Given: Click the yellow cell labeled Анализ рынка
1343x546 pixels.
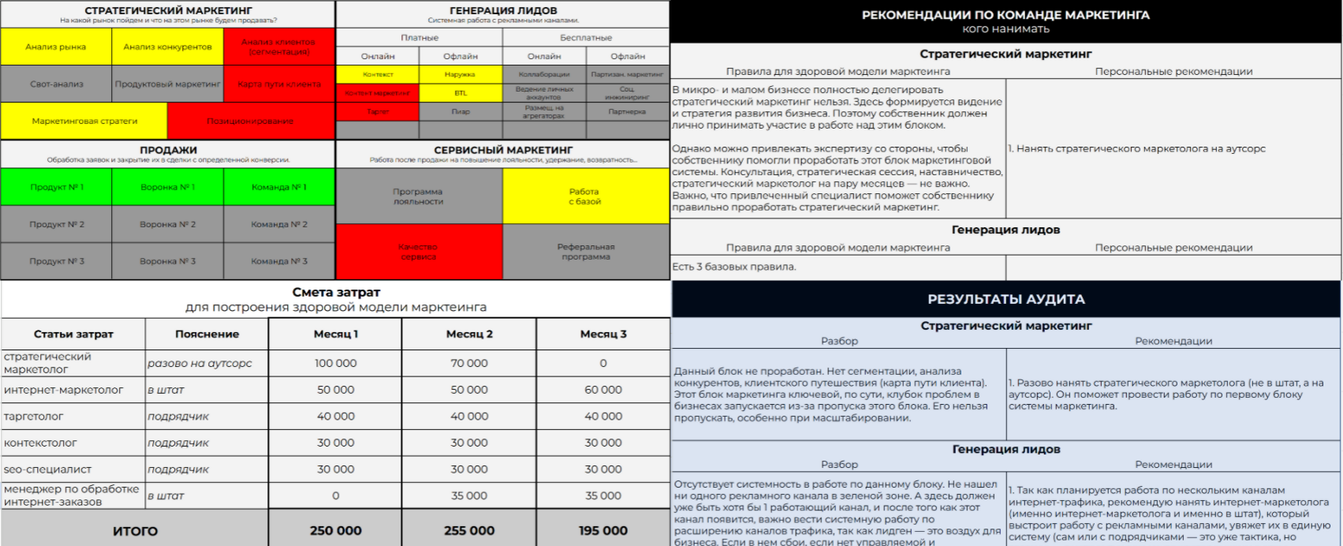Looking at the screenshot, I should tap(56, 47).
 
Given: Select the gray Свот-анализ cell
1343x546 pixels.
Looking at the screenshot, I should tap(56, 84).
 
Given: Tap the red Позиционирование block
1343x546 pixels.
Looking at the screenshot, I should tap(250, 121).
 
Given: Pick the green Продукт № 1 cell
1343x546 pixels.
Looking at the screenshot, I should tap(56, 187).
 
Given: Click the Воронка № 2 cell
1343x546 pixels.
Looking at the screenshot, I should tap(167, 224).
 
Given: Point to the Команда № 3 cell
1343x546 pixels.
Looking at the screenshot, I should tap(279, 261).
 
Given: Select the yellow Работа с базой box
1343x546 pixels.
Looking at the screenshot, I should tap(584, 196).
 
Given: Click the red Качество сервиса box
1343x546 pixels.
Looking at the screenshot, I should tap(418, 252).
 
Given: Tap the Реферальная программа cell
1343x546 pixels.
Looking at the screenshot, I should tap(585, 252).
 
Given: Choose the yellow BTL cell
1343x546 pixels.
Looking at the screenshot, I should tap(461, 93).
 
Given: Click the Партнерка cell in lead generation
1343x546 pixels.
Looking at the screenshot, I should tap(627, 111).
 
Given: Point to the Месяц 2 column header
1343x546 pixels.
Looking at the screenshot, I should tap(469, 334).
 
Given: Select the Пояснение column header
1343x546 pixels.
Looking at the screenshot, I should tap(207, 334).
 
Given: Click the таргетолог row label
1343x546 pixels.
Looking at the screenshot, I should tap(34, 416).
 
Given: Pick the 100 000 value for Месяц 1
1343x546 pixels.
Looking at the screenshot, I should tap(335, 363).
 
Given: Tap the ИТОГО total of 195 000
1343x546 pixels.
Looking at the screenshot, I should tap(603, 530).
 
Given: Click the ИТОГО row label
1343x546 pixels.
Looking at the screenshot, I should tap(135, 531).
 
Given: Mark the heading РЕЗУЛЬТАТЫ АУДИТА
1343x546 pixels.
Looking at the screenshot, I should tap(1005, 299).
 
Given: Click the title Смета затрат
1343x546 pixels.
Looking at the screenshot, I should tap(336, 292).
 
